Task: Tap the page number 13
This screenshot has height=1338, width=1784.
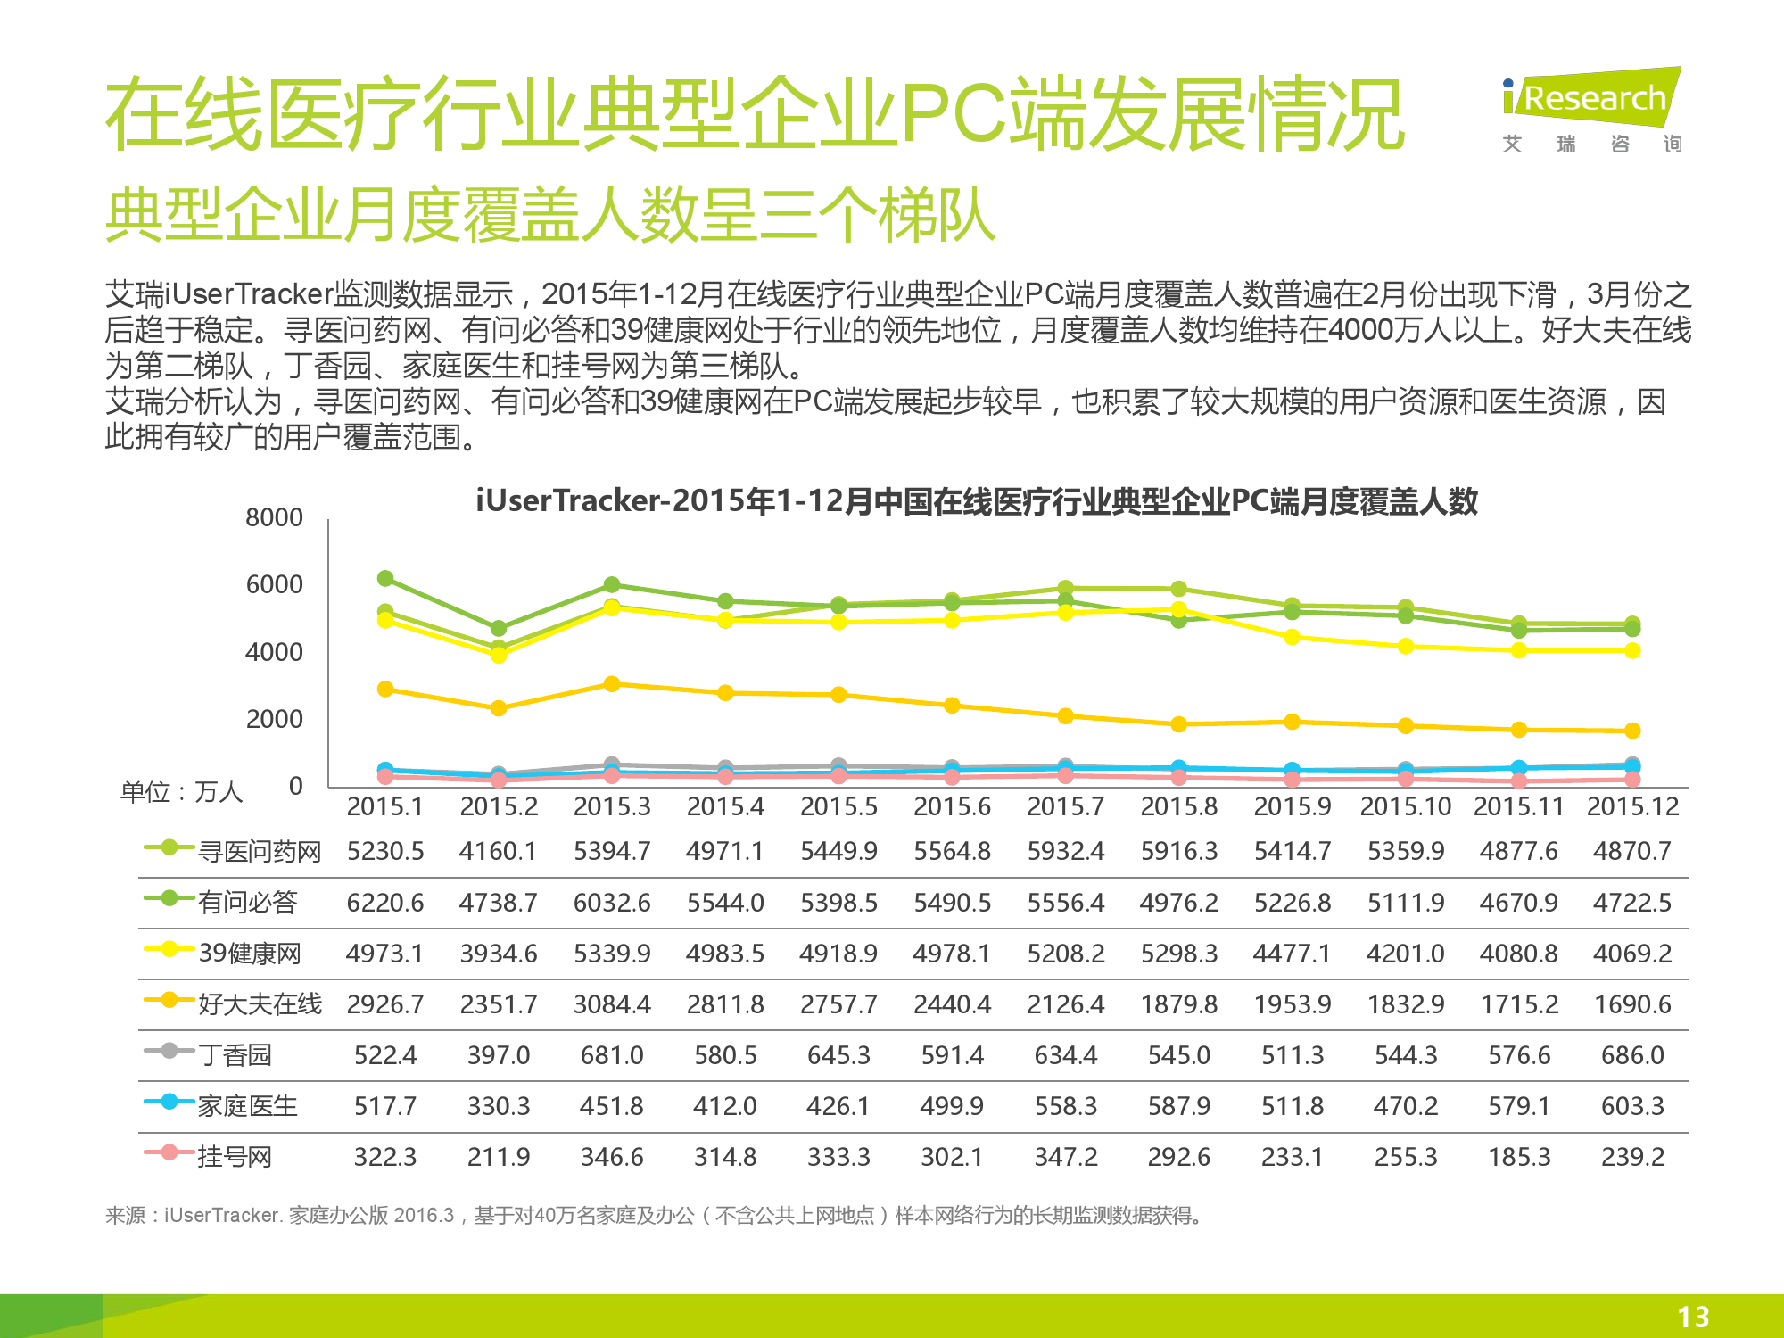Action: tap(1692, 1317)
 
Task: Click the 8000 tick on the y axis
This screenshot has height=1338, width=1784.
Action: tap(274, 517)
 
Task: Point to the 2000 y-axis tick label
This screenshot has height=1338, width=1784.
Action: tap(274, 719)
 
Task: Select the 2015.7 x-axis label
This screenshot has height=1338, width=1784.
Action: tap(1065, 806)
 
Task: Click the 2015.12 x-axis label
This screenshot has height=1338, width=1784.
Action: tap(1632, 806)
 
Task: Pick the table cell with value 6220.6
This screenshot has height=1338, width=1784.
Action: tap(385, 903)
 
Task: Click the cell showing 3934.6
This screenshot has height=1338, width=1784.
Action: tap(499, 954)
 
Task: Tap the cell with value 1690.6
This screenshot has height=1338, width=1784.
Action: tap(1632, 1004)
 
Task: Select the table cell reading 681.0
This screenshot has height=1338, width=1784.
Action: tap(612, 1055)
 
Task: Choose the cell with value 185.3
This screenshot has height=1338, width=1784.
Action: tap(1519, 1157)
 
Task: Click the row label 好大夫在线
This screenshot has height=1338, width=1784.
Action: tap(260, 1004)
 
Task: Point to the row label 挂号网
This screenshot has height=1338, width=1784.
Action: tap(235, 1157)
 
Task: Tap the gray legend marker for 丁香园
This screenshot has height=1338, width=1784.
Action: tap(169, 1051)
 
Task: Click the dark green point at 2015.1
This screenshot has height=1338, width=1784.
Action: tap(385, 579)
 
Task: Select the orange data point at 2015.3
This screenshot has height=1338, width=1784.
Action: tap(612, 684)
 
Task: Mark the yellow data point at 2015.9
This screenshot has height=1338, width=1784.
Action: tap(1292, 637)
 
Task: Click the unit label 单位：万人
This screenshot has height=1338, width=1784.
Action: tap(182, 792)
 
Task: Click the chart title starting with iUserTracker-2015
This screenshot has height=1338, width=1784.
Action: tap(977, 501)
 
